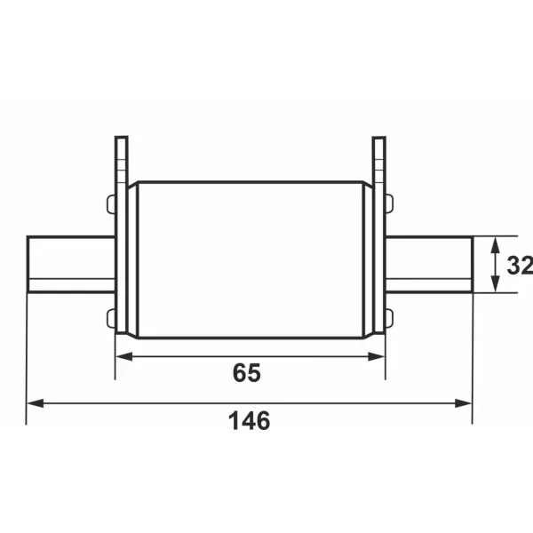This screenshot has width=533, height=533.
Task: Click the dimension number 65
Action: point(247,372)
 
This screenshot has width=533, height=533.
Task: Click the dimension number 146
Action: point(249,421)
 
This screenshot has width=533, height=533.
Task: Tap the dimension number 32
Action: point(520,265)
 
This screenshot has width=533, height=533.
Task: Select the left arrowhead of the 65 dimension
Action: point(124,356)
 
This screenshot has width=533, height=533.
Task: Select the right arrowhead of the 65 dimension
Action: point(377,356)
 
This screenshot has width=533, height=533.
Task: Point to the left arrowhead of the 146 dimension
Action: point(36,403)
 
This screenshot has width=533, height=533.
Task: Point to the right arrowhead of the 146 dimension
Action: point(464,403)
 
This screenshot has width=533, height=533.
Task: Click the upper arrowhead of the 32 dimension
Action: point(496,245)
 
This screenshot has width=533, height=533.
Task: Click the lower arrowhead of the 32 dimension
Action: point(496,283)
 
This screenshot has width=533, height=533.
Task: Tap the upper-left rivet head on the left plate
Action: point(112,204)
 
